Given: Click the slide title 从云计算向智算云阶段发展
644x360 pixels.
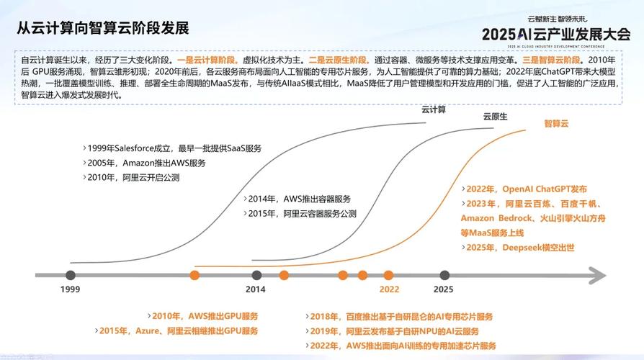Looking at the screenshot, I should (103, 28).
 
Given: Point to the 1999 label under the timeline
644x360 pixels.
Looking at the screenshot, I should (70, 289).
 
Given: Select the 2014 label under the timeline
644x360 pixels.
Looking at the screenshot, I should (256, 289).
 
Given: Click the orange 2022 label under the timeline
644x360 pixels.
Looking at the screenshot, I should (389, 289).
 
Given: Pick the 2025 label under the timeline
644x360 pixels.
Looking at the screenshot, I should (444, 289).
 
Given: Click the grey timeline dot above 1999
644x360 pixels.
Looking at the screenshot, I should (70, 275).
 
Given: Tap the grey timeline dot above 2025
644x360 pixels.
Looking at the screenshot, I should (444, 275).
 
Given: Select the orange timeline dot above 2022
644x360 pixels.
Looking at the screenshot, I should (389, 275).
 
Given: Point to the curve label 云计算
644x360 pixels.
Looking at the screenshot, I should (434, 110).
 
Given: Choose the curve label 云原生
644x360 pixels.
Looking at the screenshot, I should (495, 117).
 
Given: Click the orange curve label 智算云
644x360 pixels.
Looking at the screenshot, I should (556, 124).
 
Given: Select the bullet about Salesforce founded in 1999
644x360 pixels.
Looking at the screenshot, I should (172, 148).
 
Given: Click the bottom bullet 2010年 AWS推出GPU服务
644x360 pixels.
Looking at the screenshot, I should (205, 316).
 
